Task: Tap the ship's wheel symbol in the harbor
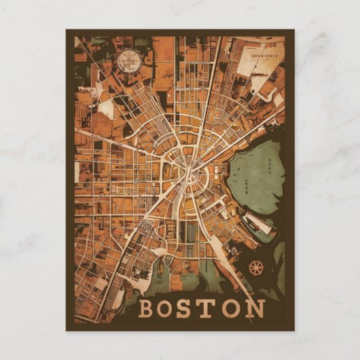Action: click(256, 267)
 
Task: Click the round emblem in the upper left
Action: click(126, 62)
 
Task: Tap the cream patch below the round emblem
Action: click(107, 109)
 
